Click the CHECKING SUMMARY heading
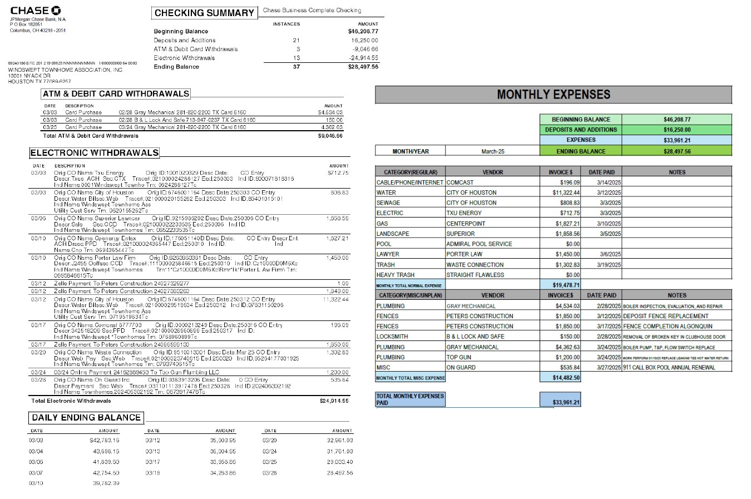pyautogui.click(x=204, y=13)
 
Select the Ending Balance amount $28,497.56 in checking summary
pyautogui.click(x=363, y=67)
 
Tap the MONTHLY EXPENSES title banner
pyautogui.click(x=553, y=95)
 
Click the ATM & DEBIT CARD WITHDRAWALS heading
pyautogui.click(x=116, y=94)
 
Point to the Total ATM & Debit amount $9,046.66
pyautogui.click(x=330, y=136)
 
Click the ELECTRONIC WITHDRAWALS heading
pyautogui.click(x=94, y=153)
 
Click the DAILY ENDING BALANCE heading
pyautogui.click(x=86, y=418)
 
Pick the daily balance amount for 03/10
pyautogui.click(x=106, y=483)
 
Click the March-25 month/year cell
pyautogui.click(x=492, y=151)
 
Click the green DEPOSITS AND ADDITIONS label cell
pyautogui.click(x=581, y=130)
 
